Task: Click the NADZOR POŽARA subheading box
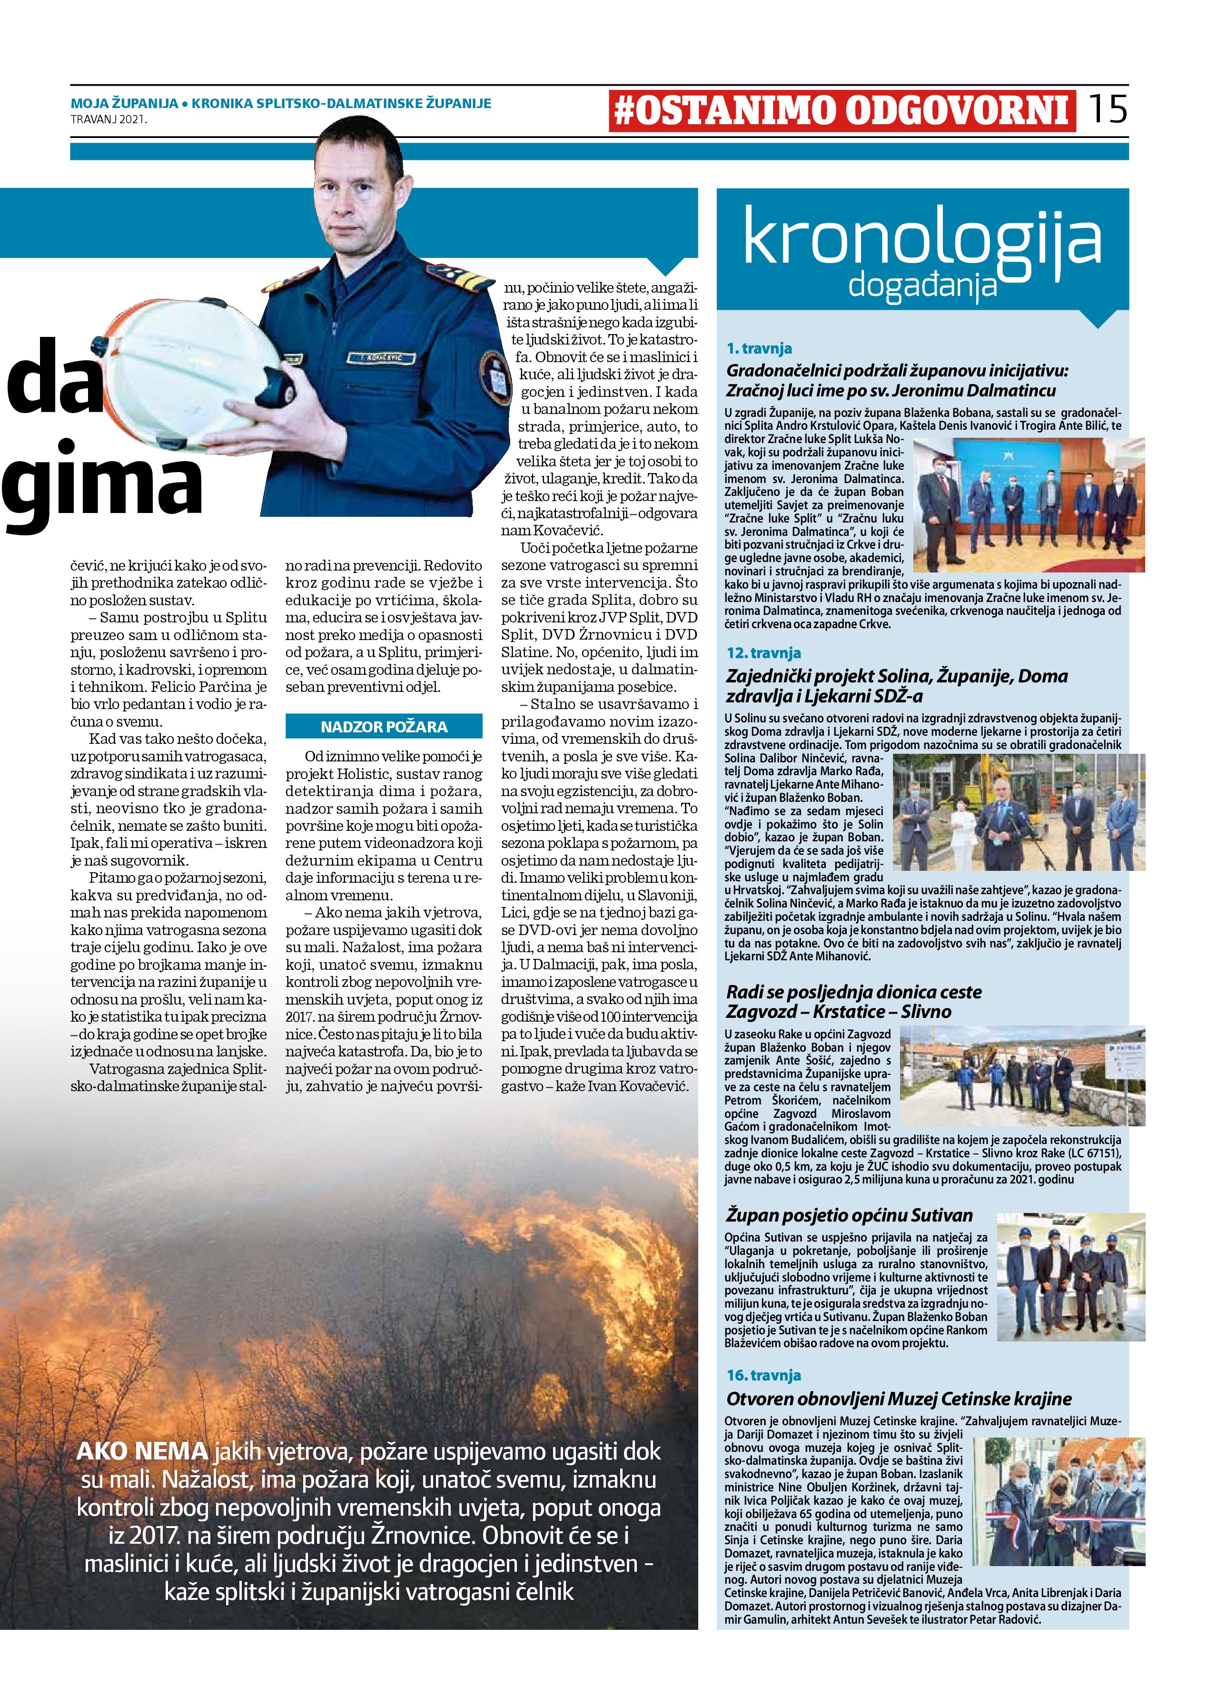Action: (x=384, y=726)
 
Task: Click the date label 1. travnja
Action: (x=759, y=348)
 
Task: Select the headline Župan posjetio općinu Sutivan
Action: (x=849, y=1215)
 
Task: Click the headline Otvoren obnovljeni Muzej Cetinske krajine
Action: (x=898, y=1398)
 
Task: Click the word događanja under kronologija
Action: (x=922, y=285)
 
